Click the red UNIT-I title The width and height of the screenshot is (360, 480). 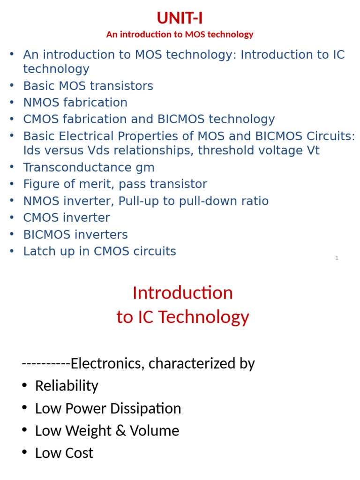[x=180, y=18]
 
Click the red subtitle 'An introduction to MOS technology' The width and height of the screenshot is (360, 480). [x=180, y=34]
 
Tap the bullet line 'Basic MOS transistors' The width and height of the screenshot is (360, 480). [x=88, y=86]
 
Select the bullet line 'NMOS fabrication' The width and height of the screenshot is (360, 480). [x=75, y=102]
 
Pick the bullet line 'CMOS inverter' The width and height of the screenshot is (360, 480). [x=67, y=217]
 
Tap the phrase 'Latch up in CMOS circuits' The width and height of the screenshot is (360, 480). [x=99, y=251]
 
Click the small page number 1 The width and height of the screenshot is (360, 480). [x=337, y=258]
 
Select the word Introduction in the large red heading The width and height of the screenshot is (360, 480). [x=183, y=293]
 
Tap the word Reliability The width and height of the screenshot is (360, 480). [x=67, y=386]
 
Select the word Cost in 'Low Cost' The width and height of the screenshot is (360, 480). [x=79, y=453]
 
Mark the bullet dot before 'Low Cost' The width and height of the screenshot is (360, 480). [x=25, y=453]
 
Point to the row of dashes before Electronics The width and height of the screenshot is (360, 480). [x=46, y=363]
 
